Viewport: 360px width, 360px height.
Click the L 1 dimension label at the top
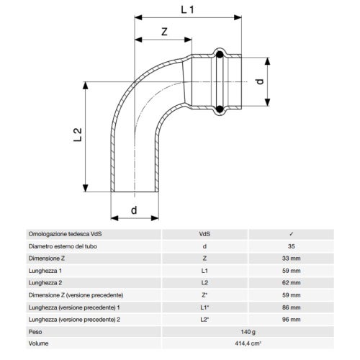tap(187, 9)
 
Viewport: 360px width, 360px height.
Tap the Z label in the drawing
tap(164, 32)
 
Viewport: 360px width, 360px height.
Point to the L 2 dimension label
tap(78, 135)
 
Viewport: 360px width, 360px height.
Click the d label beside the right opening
tap(260, 81)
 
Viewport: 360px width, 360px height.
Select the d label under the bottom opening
tap(134, 210)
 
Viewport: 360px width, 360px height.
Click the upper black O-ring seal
tap(220, 55)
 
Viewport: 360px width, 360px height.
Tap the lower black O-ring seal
tap(220, 109)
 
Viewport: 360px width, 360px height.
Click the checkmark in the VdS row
tap(291, 234)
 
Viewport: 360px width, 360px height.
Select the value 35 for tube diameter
tap(291, 246)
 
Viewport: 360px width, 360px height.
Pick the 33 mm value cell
tap(291, 258)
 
